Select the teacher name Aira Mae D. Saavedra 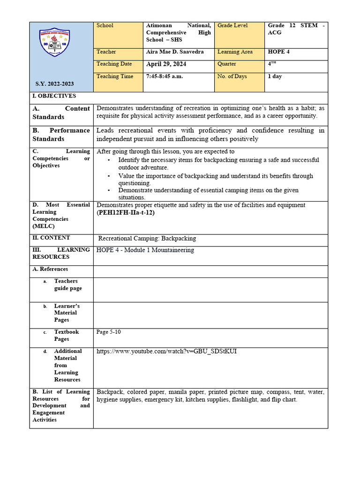(x=175, y=52)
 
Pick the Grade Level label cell (x=232, y=25)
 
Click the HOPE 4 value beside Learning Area (x=278, y=52)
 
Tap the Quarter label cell (x=227, y=64)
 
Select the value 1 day (x=275, y=76)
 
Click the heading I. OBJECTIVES (x=54, y=96)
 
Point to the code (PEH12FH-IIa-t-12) (x=125, y=212)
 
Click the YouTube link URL (x=166, y=351)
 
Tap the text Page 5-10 (x=109, y=332)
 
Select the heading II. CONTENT (x=51, y=238)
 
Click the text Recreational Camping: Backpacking (x=147, y=239)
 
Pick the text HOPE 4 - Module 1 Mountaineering (x=145, y=250)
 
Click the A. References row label (x=50, y=269)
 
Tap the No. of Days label (x=232, y=76)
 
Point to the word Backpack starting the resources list (x=108, y=392)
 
